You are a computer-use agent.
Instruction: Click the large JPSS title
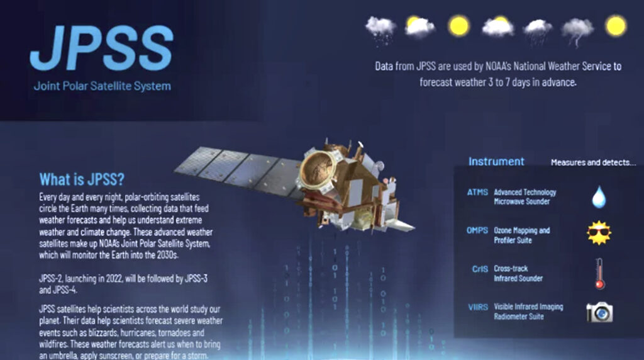pos(102,48)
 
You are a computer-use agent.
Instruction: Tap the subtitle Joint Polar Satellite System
pos(103,86)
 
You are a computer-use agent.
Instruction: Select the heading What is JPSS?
pos(82,179)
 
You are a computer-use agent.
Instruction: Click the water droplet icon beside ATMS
pos(599,196)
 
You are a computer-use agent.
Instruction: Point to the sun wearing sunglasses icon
pos(599,233)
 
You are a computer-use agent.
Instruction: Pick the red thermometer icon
pos(599,274)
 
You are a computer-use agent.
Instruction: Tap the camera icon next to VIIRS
pos(599,312)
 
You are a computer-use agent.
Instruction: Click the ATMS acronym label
pos(477,192)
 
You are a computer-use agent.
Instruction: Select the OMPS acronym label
pos(477,230)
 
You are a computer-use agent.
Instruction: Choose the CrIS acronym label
pos(480,269)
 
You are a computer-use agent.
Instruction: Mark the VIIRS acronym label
pos(478,307)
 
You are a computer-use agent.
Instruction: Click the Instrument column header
pos(497,162)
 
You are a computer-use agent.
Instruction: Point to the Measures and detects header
pos(593,162)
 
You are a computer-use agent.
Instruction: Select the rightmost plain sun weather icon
pos(616,25)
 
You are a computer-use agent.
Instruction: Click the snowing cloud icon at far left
pos(380,29)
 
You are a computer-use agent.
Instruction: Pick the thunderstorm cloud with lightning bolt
pos(577,31)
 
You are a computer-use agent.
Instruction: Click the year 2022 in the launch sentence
pos(114,279)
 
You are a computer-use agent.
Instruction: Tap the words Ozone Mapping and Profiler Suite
pos(521,235)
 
